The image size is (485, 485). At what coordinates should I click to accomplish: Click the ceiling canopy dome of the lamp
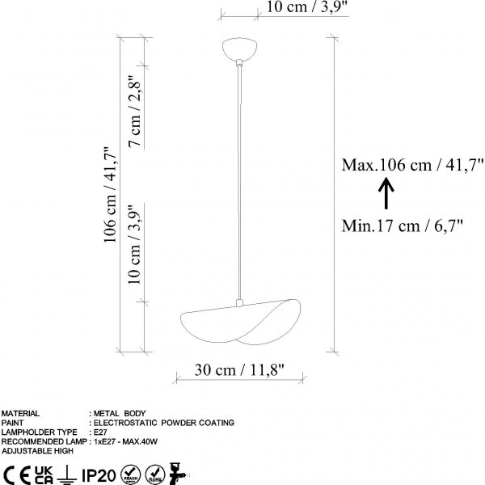point(239,48)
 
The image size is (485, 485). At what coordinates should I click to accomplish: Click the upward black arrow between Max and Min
point(386,193)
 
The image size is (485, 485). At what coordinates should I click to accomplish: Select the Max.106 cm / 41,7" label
point(412,165)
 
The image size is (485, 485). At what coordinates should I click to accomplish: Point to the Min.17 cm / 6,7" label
point(402,226)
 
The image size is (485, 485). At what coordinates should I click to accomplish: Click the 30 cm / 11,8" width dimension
point(239,369)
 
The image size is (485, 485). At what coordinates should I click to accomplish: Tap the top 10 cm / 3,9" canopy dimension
point(307,6)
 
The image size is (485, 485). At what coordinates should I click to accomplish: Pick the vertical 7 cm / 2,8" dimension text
point(135,111)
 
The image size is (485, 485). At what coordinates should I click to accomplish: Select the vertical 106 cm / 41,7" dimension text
point(110,195)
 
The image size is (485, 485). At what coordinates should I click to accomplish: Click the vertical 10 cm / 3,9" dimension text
point(135,244)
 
